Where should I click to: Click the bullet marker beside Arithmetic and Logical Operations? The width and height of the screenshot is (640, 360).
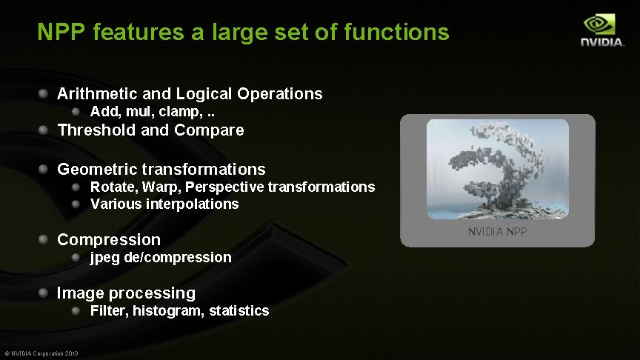(45, 94)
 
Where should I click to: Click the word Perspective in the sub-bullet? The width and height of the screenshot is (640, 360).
(227, 187)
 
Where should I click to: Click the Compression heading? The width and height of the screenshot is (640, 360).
(108, 239)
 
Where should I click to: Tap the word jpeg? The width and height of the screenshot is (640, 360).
(104, 258)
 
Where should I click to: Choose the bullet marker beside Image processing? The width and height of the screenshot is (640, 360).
(45, 293)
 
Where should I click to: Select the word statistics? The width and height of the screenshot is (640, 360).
(239, 311)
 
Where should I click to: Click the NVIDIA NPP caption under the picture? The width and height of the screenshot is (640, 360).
(497, 233)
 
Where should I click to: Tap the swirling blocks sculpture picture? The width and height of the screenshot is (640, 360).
(497, 169)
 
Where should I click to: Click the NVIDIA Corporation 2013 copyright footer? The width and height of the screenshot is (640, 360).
(41, 353)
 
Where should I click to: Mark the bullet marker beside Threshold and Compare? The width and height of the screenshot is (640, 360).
(45, 130)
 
